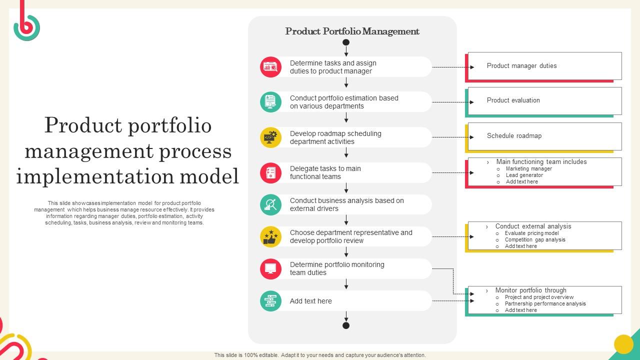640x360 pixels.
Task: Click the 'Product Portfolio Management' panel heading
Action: coord(352,31)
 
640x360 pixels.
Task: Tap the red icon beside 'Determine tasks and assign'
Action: coord(270,67)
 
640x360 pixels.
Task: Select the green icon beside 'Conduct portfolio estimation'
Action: coord(270,102)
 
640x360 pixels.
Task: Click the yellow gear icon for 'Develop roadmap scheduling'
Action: coord(270,137)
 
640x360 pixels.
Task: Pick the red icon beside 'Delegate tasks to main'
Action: coord(270,172)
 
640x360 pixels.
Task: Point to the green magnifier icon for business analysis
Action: coord(270,204)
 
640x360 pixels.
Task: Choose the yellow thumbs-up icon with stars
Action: coord(270,236)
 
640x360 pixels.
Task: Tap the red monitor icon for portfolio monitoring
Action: coord(270,268)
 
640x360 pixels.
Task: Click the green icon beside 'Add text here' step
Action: coord(270,301)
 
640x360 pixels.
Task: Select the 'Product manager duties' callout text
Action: coord(521,65)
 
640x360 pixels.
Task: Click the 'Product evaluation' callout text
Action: coord(513,100)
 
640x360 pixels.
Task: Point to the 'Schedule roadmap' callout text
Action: coord(514,136)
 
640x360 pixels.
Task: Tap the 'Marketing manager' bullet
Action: coord(528,169)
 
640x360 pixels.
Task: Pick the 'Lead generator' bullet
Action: coord(524,175)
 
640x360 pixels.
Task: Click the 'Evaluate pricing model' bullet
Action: coord(531,233)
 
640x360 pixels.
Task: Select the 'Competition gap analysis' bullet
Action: coord(535,240)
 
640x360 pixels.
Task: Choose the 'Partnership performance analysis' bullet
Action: coord(545,304)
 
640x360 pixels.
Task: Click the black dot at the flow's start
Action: coord(346,42)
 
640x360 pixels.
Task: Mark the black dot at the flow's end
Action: coord(346,325)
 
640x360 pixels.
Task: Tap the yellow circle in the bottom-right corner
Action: coord(623,344)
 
